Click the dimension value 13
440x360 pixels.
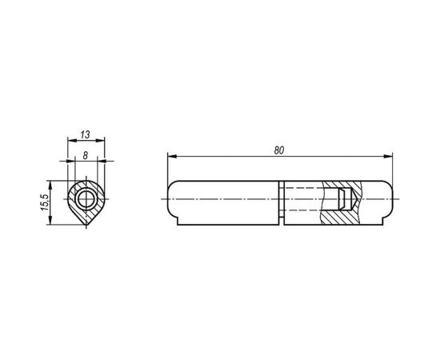[85, 134]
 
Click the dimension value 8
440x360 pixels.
[86, 155]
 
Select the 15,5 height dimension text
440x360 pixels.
[45, 202]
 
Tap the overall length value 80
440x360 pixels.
[279, 150]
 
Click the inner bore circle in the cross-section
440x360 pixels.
[86, 200]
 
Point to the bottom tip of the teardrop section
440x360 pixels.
[86, 225]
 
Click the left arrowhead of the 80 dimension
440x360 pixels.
[172, 156]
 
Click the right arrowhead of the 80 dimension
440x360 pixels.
[388, 156]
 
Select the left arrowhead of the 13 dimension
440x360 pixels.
[72, 140]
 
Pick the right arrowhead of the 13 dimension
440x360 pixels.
[100, 140]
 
